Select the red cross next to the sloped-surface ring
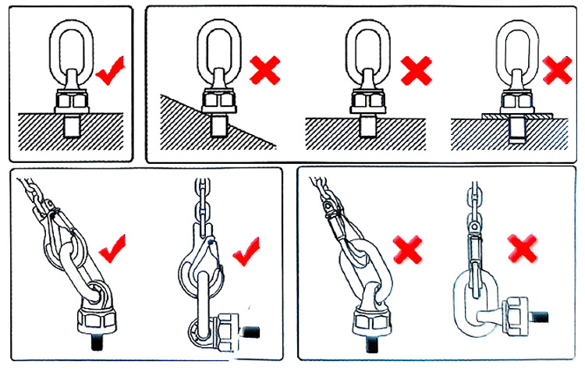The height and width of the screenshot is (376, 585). (265, 72)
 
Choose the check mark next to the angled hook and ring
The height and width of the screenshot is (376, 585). (114, 247)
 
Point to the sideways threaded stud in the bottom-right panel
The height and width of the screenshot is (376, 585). (541, 320)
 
